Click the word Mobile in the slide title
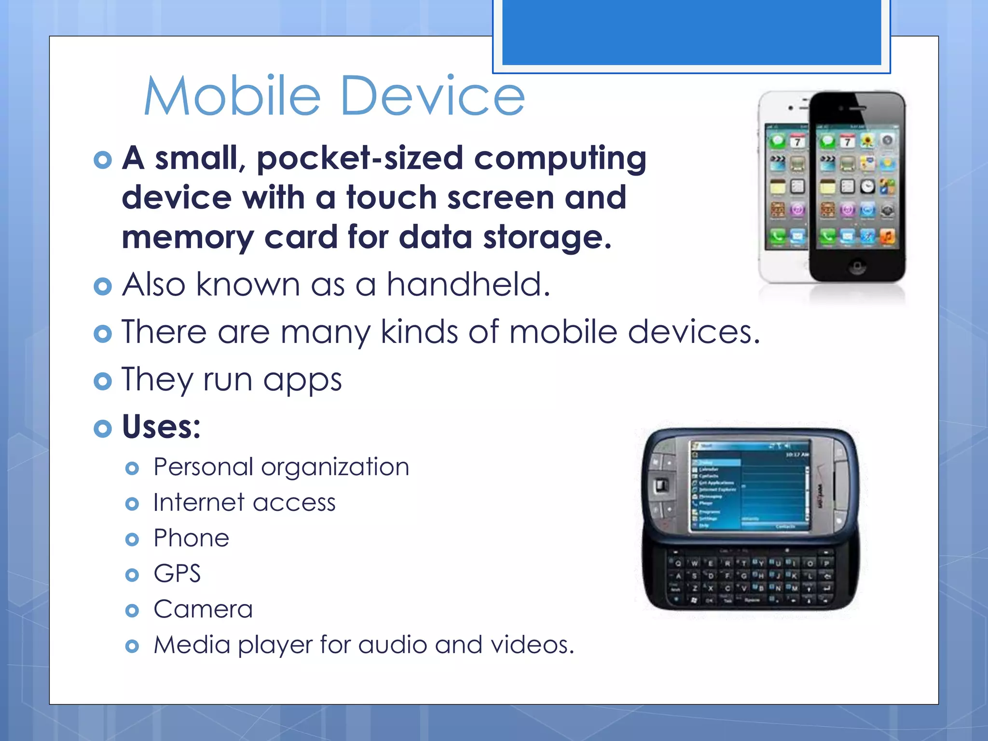coord(232,96)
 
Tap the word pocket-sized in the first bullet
coord(360,159)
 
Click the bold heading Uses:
coord(161,427)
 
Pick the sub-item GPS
coord(177,574)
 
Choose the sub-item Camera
coord(203,609)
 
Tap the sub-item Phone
coord(191,538)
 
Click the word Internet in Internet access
coord(199,503)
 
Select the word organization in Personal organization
coord(335,467)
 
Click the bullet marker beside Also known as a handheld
coord(103,286)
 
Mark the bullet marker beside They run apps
coord(103,381)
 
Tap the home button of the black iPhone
coord(857,265)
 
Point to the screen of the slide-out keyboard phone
coord(749,485)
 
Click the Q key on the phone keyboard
coord(678,563)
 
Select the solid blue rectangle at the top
coord(691,31)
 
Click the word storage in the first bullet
coord(547,238)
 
